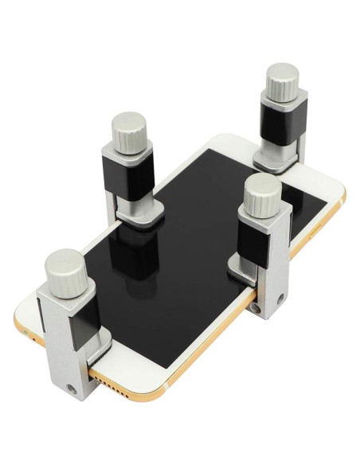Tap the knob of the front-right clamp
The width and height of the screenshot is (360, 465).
260,197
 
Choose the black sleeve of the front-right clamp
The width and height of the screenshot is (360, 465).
260,240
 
